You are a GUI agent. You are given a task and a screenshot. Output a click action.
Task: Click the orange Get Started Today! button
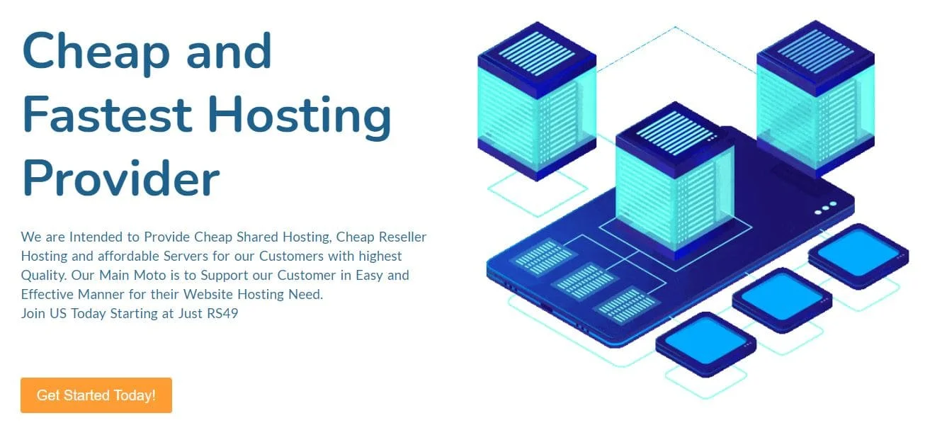tap(96, 395)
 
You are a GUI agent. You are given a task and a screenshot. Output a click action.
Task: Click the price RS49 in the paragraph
tap(221, 313)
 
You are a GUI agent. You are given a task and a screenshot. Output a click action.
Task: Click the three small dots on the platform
tap(825, 208)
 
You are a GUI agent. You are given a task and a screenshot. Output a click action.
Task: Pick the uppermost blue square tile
tap(858, 254)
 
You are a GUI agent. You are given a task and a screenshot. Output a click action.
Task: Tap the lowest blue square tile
tap(705, 343)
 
